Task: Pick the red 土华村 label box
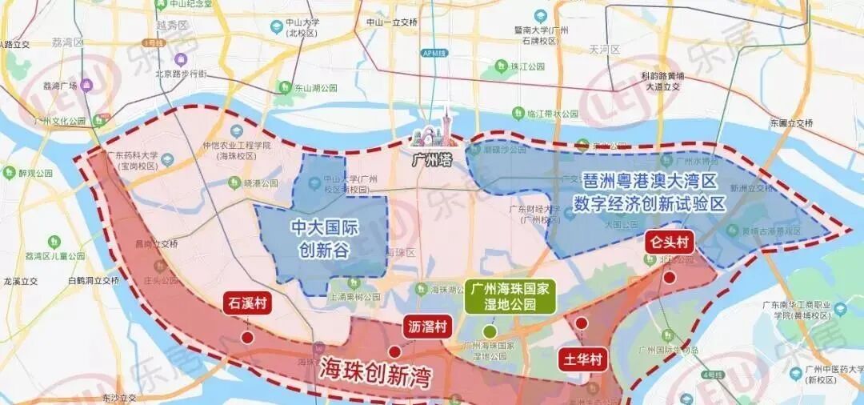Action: click(581, 359)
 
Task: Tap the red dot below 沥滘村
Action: click(394, 351)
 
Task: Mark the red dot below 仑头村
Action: click(669, 275)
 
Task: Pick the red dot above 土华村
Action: click(582, 323)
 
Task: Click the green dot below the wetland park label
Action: click(489, 331)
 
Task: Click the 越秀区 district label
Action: click(171, 25)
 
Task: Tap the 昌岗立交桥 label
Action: click(156, 243)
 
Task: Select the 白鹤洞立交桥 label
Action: click(94, 281)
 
